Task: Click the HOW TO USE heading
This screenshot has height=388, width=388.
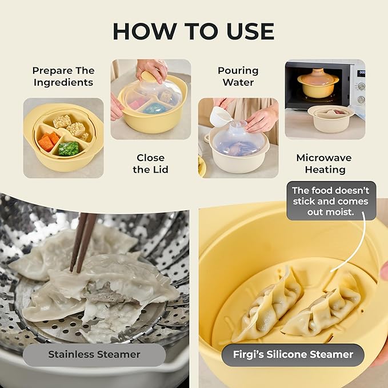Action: tap(193, 31)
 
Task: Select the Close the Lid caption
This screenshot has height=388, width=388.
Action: tap(150, 163)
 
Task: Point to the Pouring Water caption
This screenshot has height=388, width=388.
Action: tap(238, 77)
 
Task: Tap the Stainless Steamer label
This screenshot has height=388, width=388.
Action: tap(94, 354)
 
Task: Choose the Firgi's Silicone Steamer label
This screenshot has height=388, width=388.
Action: tap(293, 354)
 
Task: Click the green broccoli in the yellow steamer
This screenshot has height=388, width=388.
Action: tap(69, 149)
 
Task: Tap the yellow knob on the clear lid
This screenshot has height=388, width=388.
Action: tap(147, 75)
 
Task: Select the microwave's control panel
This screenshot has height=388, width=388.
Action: tap(360, 86)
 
